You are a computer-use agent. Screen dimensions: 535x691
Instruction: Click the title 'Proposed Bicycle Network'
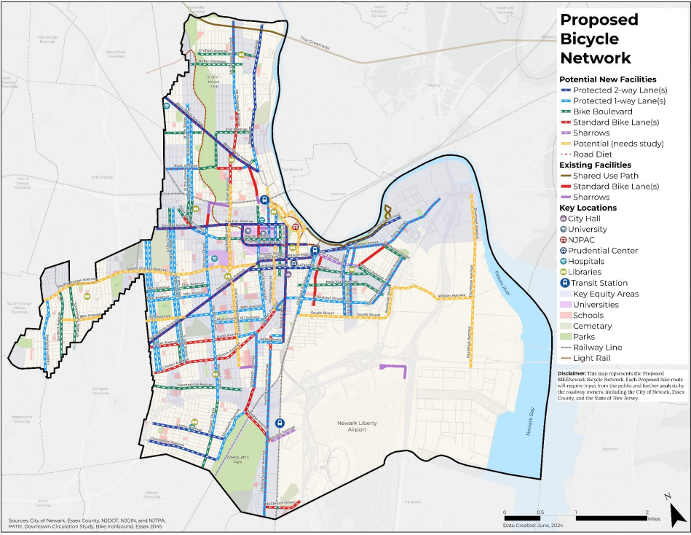pyautogui.click(x=599, y=39)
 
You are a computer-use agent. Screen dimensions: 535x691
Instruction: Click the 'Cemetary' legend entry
pyautogui.click(x=593, y=326)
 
